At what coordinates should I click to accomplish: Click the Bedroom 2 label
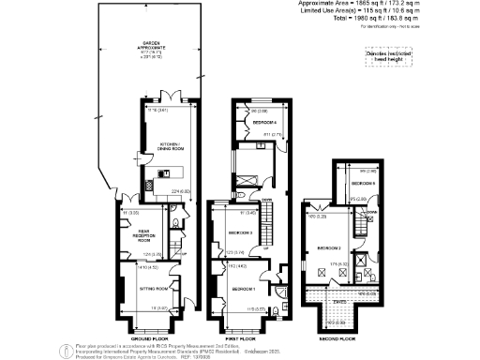point(329,247)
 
